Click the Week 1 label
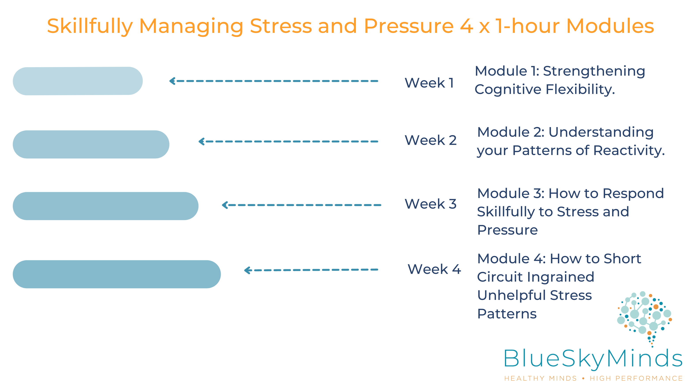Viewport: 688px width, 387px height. (x=429, y=83)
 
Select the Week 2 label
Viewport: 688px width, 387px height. (x=430, y=140)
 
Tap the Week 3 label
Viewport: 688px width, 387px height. (x=430, y=204)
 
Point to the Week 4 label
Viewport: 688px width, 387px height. (x=434, y=269)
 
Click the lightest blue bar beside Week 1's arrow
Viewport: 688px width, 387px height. (x=78, y=81)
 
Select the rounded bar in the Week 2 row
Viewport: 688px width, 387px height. (x=91, y=144)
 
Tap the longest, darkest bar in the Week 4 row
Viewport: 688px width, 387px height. (x=117, y=274)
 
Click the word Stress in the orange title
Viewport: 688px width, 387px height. (x=281, y=26)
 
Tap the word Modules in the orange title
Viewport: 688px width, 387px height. (x=610, y=26)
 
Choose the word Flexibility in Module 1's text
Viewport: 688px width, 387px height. (x=581, y=90)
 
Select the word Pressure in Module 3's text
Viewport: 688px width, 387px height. (x=507, y=230)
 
